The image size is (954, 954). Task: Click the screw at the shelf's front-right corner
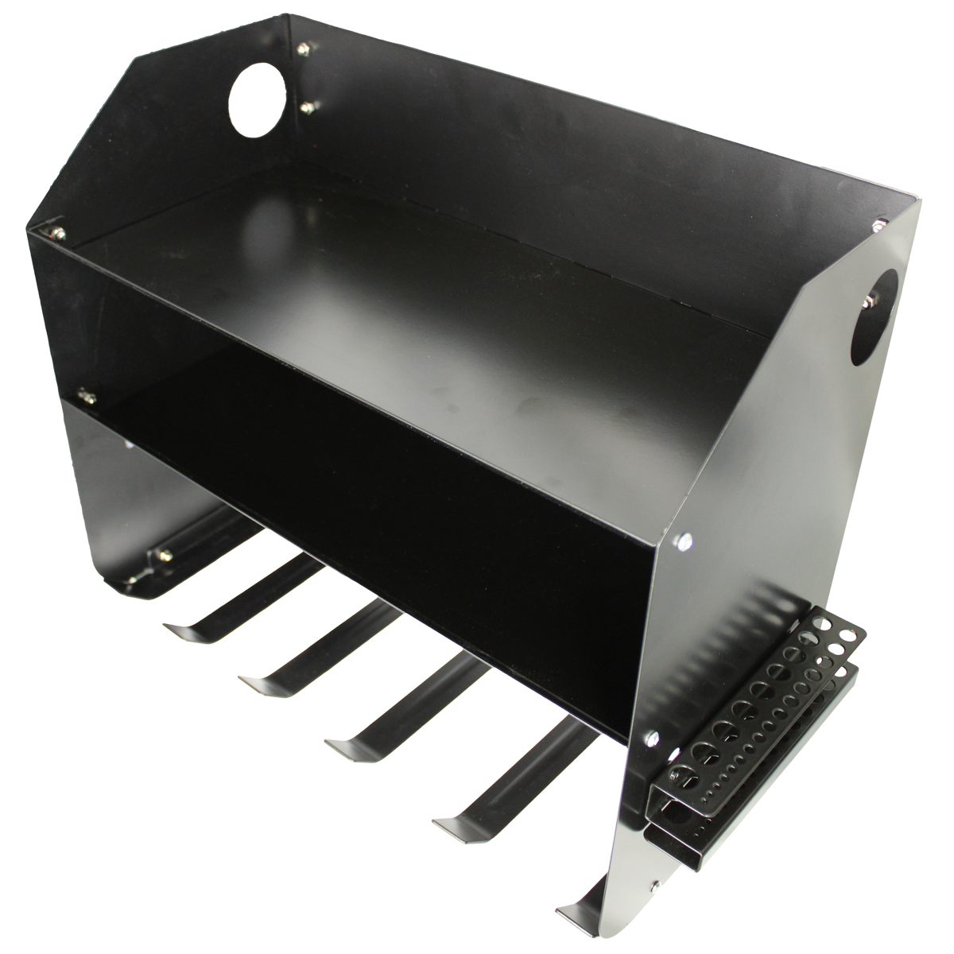682,542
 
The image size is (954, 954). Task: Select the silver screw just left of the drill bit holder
652,736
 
